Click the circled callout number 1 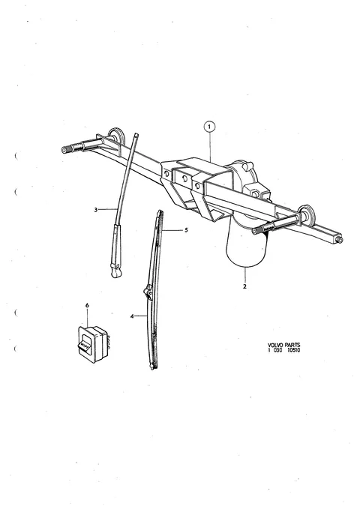click(x=209, y=127)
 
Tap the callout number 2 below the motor click(x=244, y=286)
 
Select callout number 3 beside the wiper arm click(x=95, y=210)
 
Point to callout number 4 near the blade click(x=132, y=316)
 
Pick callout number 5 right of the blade click(x=186, y=230)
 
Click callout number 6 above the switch click(x=87, y=305)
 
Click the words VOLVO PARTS click(x=284, y=345)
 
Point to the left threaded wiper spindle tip click(x=64, y=150)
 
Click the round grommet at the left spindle click(x=117, y=136)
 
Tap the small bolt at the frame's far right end click(x=340, y=240)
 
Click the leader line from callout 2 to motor click(x=244, y=275)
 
